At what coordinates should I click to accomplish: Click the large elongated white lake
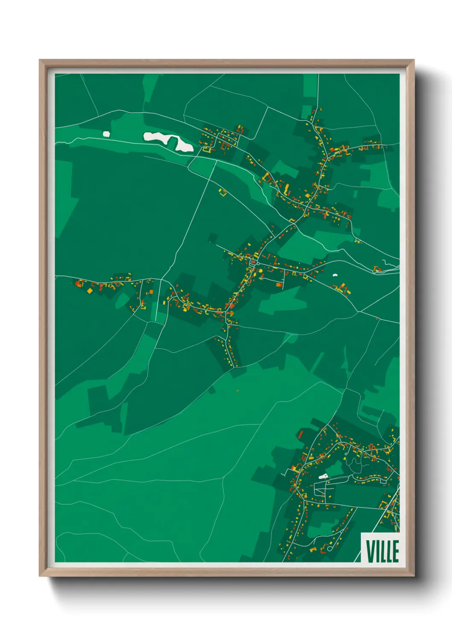click(169, 141)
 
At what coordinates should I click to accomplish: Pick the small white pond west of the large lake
click(106, 134)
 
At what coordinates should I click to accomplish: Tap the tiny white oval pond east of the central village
click(335, 275)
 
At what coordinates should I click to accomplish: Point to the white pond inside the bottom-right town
click(323, 476)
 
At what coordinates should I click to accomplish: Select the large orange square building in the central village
click(279, 284)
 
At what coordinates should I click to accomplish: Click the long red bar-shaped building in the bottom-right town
click(300, 435)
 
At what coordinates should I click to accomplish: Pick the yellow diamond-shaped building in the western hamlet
click(90, 291)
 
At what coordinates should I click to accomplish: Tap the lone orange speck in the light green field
click(238, 390)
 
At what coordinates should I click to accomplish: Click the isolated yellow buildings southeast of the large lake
click(222, 192)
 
